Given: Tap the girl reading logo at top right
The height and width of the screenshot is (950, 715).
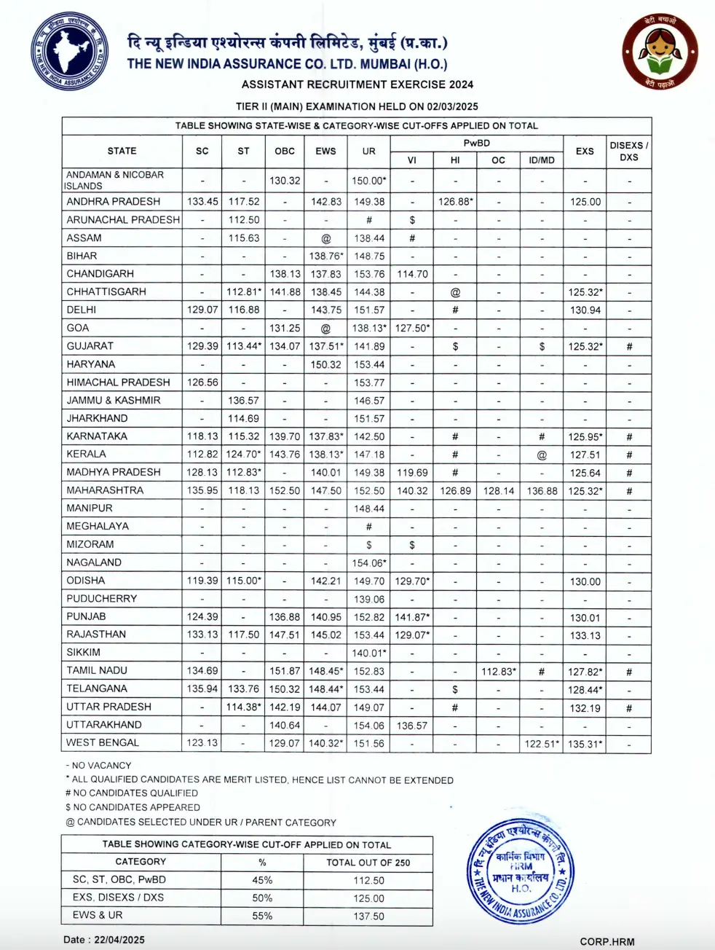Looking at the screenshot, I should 660,52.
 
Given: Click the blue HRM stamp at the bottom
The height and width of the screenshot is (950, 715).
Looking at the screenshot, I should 520,871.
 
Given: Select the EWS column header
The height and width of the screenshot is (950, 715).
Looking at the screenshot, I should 325,151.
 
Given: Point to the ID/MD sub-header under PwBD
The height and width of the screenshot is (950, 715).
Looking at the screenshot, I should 541,160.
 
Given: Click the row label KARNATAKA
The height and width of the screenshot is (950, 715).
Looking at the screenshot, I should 97,436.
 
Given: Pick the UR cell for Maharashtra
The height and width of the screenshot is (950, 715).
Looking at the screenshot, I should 369,490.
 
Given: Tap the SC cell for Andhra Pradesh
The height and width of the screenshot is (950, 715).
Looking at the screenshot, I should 202,201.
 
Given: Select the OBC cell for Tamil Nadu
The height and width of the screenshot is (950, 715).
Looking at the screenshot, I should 285,670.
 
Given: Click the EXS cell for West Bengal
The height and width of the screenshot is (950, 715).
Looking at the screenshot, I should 585,743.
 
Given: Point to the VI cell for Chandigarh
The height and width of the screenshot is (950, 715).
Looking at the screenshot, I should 412,274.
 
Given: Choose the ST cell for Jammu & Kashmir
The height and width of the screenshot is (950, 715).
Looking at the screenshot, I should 243,400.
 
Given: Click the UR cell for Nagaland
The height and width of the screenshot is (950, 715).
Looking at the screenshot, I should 369,562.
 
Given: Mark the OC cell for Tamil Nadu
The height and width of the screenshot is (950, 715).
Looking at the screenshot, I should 499,671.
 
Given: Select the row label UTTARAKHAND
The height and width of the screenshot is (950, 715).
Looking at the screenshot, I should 104,725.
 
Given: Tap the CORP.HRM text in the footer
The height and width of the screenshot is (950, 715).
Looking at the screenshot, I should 607,941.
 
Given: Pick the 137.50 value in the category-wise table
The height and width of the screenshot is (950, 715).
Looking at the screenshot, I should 368,916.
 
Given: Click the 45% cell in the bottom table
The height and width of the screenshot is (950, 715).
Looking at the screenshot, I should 262,880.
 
